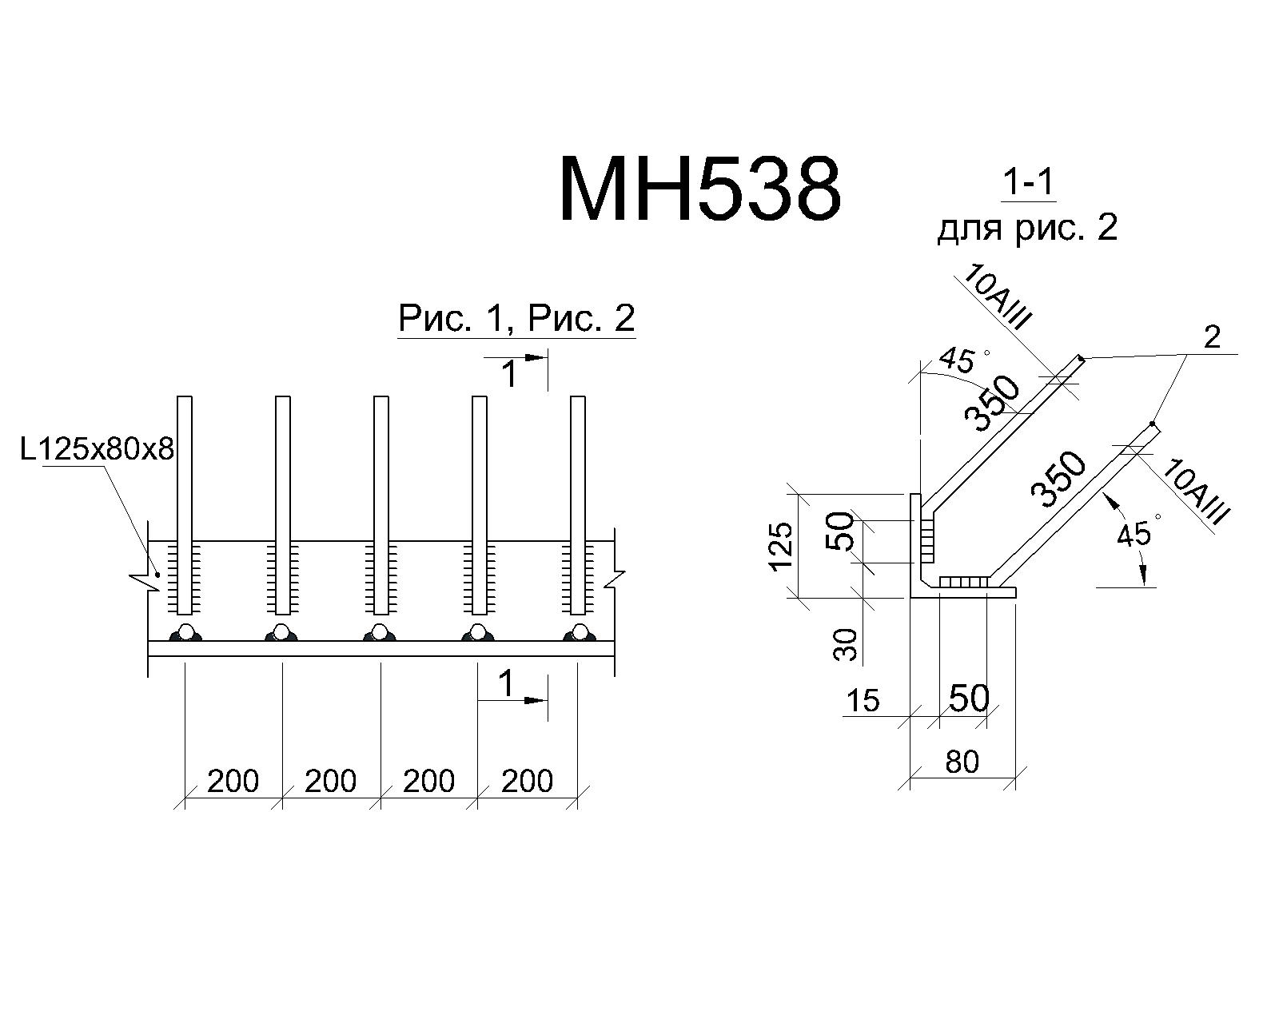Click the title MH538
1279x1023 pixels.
click(x=699, y=189)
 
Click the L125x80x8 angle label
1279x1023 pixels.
click(x=97, y=449)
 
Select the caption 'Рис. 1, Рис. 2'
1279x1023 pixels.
click(x=516, y=318)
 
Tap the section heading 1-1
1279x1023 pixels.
click(x=1028, y=182)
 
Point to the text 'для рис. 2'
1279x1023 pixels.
click(x=1028, y=228)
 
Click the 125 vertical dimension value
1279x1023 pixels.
click(x=780, y=547)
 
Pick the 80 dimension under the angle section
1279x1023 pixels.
click(x=962, y=762)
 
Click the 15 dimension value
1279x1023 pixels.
click(x=863, y=700)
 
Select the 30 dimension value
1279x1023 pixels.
click(x=846, y=645)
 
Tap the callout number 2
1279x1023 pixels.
click(x=1212, y=337)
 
